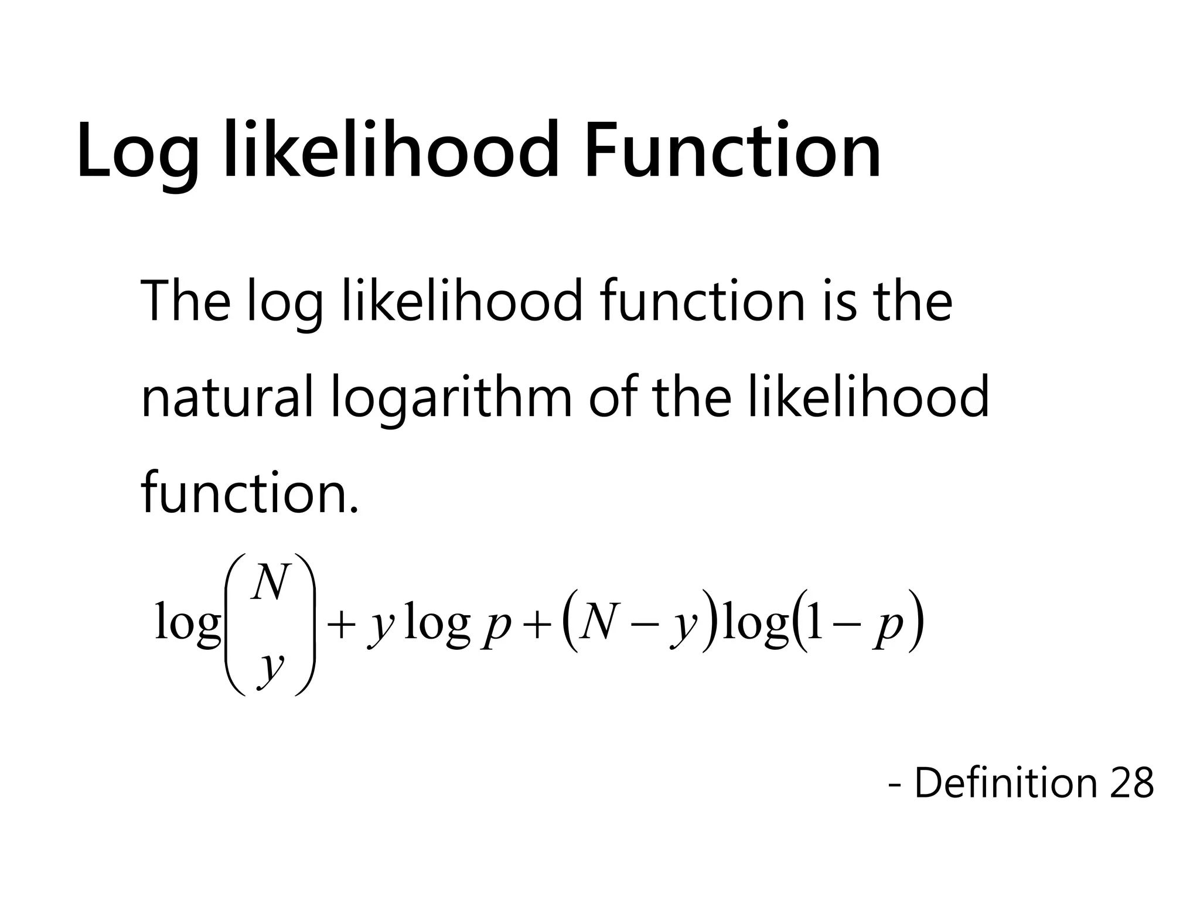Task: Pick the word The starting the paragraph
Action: [186, 301]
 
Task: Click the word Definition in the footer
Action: [1005, 782]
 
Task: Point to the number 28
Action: [1131, 782]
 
